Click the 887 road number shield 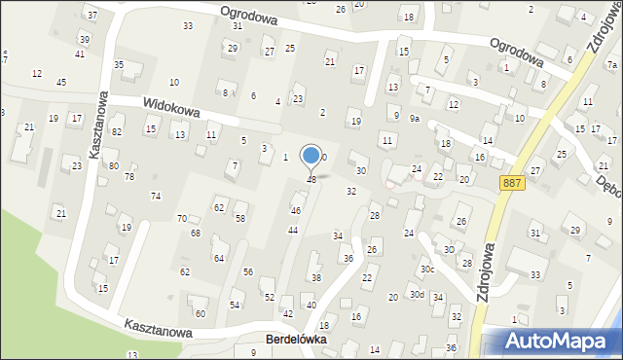click(514, 183)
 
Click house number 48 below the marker click(311, 179)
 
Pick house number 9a click(414, 119)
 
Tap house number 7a click(612, 65)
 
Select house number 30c click(426, 270)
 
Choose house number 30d click(417, 295)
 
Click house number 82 click(117, 131)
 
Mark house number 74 click(156, 196)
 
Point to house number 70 click(181, 219)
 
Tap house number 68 click(195, 234)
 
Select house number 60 click(201, 313)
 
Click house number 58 click(239, 219)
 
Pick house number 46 click(296, 210)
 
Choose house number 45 click(61, 82)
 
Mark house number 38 click(315, 278)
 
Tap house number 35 click(119, 64)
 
